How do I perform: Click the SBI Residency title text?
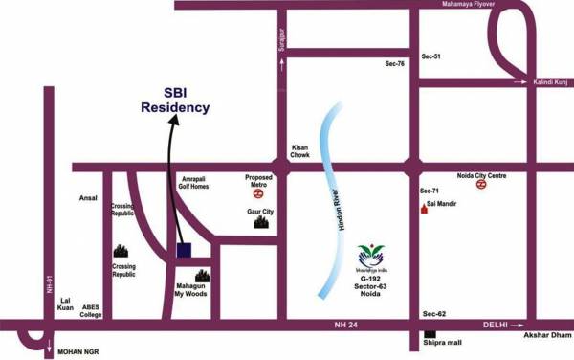[174, 101]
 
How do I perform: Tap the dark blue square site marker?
[185, 251]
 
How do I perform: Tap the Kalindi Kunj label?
[551, 83]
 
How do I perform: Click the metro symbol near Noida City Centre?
[482, 185]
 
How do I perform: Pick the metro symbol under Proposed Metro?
[259, 191]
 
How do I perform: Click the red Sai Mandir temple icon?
[424, 205]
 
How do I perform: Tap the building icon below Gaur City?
[260, 224]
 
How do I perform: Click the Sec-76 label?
[395, 64]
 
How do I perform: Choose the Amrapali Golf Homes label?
[200, 183]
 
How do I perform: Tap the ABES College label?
[91, 310]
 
